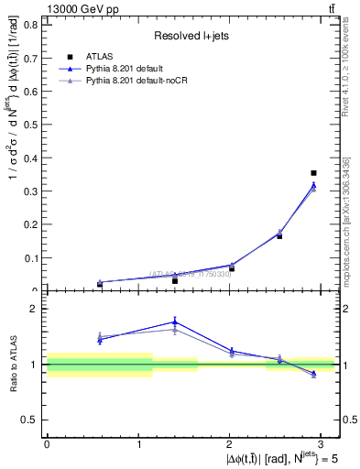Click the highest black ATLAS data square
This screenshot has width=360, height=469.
[x=313, y=172]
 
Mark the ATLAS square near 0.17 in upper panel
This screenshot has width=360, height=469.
[x=279, y=235]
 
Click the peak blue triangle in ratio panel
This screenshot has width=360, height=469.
[x=175, y=322]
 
